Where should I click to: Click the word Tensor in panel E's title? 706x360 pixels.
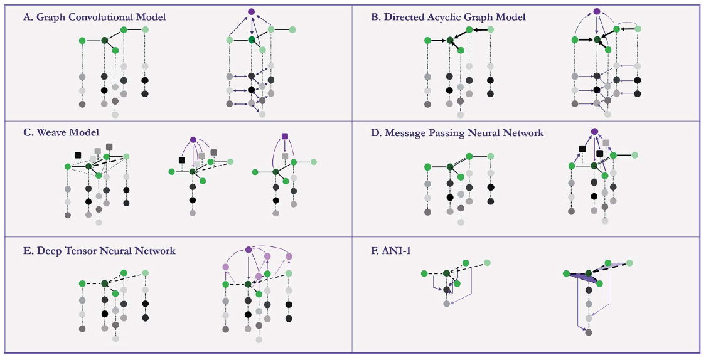80,251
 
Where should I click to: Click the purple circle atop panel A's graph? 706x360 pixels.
251,12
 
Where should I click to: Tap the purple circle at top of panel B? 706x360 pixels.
597,11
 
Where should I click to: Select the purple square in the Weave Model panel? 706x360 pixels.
284,136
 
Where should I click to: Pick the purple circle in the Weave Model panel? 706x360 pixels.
193,140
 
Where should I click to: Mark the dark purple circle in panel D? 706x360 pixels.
594,132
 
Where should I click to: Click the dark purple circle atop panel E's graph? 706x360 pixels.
248,250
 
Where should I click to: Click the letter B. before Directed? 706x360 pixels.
375,17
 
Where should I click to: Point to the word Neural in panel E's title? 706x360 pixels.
115,251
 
